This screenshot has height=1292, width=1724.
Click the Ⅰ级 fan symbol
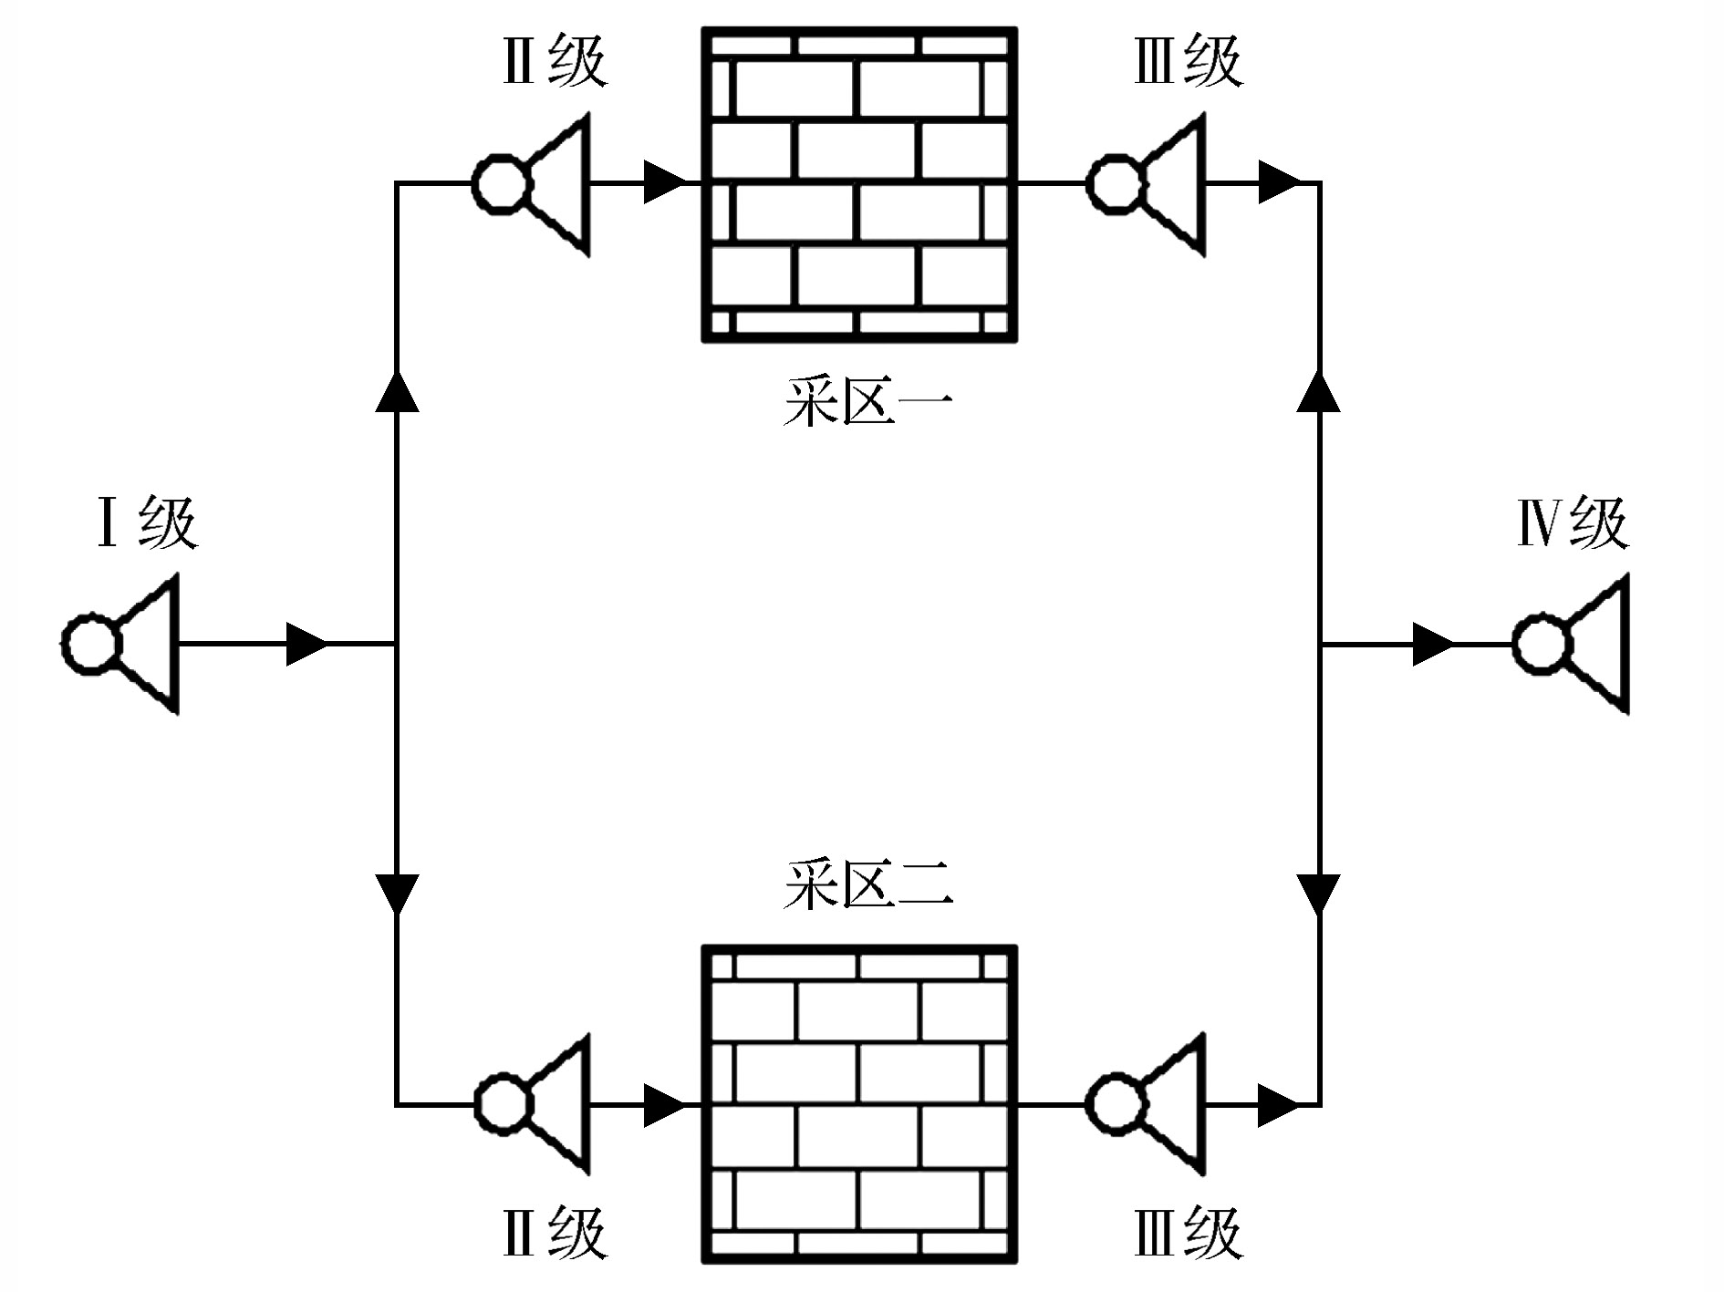click(123, 644)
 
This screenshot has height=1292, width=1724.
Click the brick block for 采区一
click(858, 185)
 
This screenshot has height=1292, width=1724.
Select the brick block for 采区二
click(858, 1104)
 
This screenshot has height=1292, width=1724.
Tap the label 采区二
click(867, 884)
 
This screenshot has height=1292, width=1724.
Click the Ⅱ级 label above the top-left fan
click(555, 62)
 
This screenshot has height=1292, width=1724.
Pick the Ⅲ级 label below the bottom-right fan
click(1189, 1233)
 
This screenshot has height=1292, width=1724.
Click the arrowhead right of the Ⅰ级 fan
click(306, 644)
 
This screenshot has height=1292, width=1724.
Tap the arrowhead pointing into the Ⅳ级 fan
click(1432, 644)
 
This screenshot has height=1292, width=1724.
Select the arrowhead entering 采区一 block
click(664, 182)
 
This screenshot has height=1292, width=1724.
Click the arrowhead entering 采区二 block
click(664, 1105)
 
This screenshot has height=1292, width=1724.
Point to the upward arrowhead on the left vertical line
click(397, 392)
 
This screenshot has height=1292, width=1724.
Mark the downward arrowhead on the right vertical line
click(1319, 894)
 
